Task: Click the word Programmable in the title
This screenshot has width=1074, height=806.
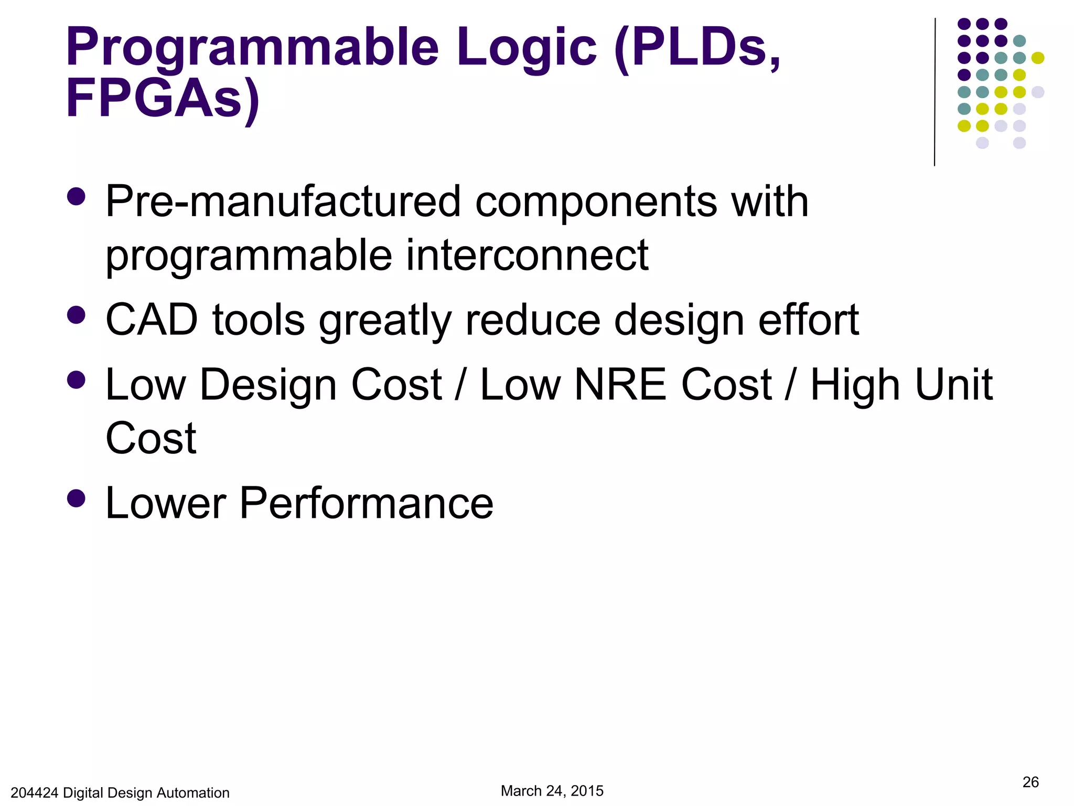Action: coord(252,48)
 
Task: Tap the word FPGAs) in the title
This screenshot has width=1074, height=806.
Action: coord(163,99)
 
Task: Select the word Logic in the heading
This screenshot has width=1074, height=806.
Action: coord(527,48)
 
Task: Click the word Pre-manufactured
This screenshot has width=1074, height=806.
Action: coord(283,202)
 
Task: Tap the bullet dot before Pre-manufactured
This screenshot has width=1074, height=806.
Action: coord(77,197)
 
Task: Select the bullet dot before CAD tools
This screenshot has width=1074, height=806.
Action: coord(77,315)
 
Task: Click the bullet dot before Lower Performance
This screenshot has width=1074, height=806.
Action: coord(77,498)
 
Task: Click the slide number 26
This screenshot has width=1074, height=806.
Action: coord(1030,782)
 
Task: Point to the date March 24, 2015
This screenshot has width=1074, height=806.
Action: coord(552,791)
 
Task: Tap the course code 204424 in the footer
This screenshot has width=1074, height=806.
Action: coord(34,793)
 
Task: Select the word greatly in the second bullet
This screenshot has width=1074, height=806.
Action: coord(385,321)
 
